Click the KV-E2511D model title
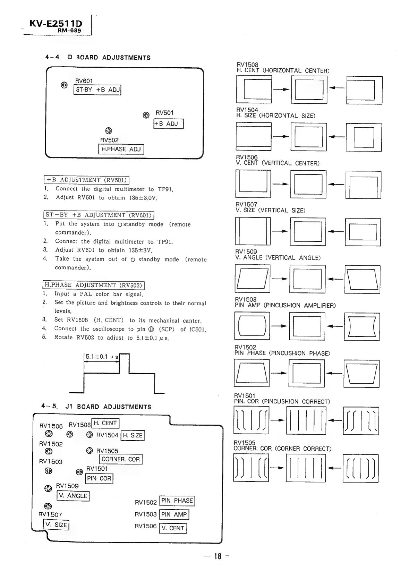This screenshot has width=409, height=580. pyautogui.click(x=56, y=24)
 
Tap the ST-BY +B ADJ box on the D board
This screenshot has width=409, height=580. pyautogui.click(x=97, y=90)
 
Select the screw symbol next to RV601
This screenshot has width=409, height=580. pyautogui.click(x=64, y=85)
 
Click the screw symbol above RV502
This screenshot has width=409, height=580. pyautogui.click(x=109, y=131)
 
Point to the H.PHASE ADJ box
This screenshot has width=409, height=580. pyautogui.click(x=121, y=149)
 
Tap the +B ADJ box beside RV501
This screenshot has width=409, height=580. pyautogui.click(x=169, y=124)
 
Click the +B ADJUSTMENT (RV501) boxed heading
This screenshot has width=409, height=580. pyautogui.click(x=87, y=180)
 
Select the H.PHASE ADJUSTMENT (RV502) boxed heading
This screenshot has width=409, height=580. pyautogui.click(x=93, y=285)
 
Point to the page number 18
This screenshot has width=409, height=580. pyautogui.click(x=218, y=556)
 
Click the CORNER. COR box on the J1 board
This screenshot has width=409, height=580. pyautogui.click(x=121, y=459)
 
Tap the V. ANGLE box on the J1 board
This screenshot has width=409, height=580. pyautogui.click(x=73, y=496)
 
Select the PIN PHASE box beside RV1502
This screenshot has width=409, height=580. pyautogui.click(x=177, y=501)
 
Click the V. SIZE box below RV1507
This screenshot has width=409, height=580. pyautogui.click(x=56, y=525)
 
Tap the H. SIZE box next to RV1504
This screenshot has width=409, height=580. pyautogui.click(x=133, y=435)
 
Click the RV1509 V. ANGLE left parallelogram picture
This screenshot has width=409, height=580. pyautogui.click(x=252, y=278)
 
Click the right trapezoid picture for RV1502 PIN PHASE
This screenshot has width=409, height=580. pyautogui.click(x=361, y=373)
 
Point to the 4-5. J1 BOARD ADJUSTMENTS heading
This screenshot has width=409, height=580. pyautogui.click(x=96, y=407)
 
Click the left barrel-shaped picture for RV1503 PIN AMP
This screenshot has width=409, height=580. pyautogui.click(x=252, y=326)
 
